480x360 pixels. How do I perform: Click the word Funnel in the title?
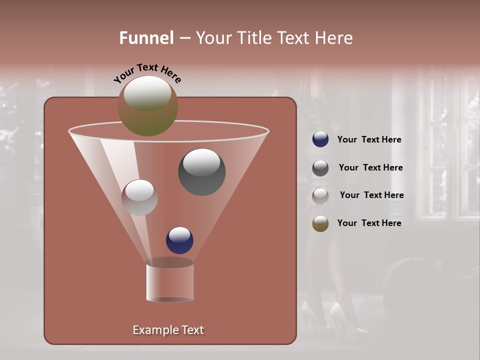tap(146, 38)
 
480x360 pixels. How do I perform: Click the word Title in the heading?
tap(253, 38)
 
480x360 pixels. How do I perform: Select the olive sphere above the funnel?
tap(147, 106)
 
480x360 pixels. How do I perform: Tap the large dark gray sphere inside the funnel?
tap(201, 172)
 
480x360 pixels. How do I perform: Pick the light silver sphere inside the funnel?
tap(139, 197)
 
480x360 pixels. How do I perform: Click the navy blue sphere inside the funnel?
tap(179, 240)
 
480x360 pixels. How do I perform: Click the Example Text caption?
tap(168, 330)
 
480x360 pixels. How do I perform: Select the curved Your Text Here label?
tap(147, 72)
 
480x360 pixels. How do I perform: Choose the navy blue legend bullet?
tap(320, 139)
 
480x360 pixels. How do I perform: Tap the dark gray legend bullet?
tap(320, 168)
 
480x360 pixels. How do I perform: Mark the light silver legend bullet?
tap(320, 195)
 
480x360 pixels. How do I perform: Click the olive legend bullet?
tap(320, 223)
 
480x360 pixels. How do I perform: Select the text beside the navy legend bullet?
tap(369, 139)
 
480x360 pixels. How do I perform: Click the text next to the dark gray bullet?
tap(370, 167)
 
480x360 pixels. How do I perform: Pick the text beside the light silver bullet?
tap(371, 195)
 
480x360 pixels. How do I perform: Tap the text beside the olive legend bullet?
tap(369, 223)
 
